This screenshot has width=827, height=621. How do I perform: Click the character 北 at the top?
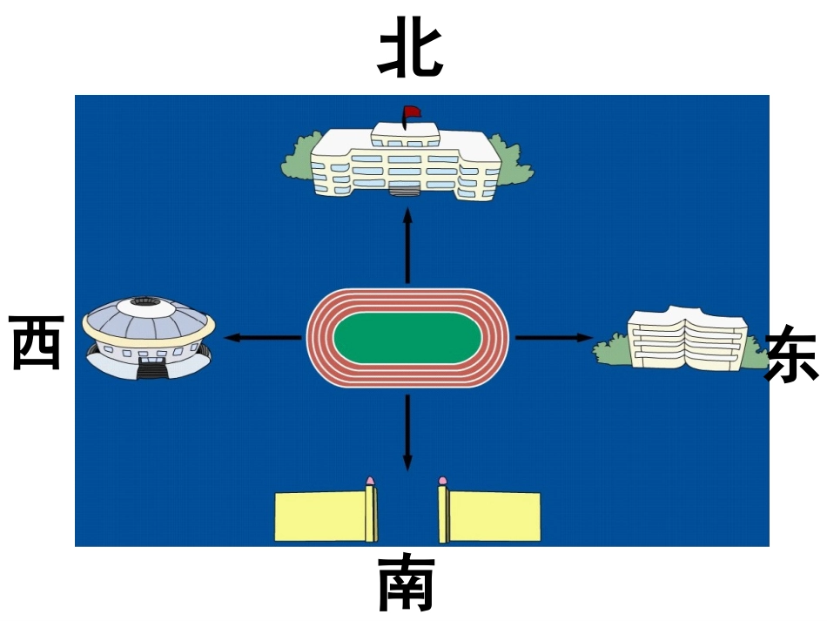[410, 51]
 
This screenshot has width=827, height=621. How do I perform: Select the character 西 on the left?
[37, 342]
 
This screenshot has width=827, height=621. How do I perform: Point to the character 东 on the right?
[791, 354]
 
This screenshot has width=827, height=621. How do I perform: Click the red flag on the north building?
[411, 112]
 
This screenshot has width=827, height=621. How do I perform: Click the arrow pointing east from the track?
[554, 337]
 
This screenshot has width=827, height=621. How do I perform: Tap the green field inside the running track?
[407, 338]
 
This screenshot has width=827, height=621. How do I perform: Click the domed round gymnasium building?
[149, 335]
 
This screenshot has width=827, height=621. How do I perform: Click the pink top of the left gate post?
[371, 480]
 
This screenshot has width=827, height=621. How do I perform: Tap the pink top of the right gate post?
[442, 480]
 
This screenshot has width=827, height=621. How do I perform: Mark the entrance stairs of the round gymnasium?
[153, 370]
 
